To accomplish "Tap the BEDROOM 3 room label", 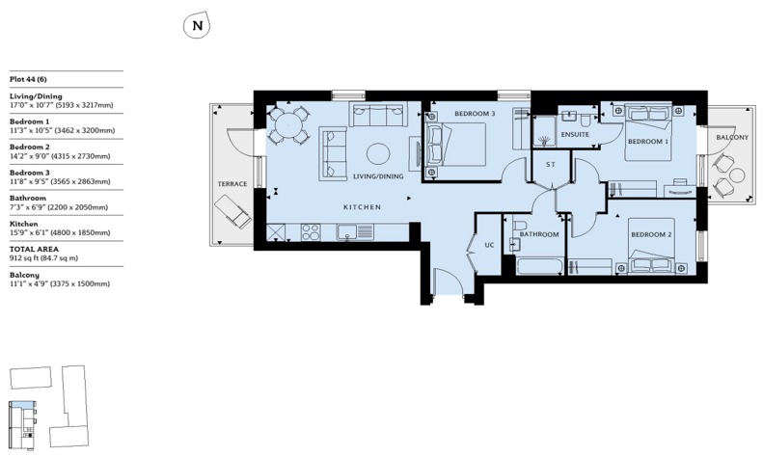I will coord(475,114).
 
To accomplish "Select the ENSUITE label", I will coord(576,135).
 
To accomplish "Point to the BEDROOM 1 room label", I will coord(647,142).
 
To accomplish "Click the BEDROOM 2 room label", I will coord(650,234).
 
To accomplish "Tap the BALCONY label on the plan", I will coord(731,138).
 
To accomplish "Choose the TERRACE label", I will coord(232,183).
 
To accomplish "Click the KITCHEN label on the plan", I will coord(363,208).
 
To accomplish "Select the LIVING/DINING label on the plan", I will coord(378,176).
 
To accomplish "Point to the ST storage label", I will coord(551,165).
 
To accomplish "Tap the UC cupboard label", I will coord(489,245).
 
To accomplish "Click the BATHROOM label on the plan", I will coord(539,234).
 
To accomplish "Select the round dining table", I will coord(286,124).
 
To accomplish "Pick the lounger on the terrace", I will coord(230,210).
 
